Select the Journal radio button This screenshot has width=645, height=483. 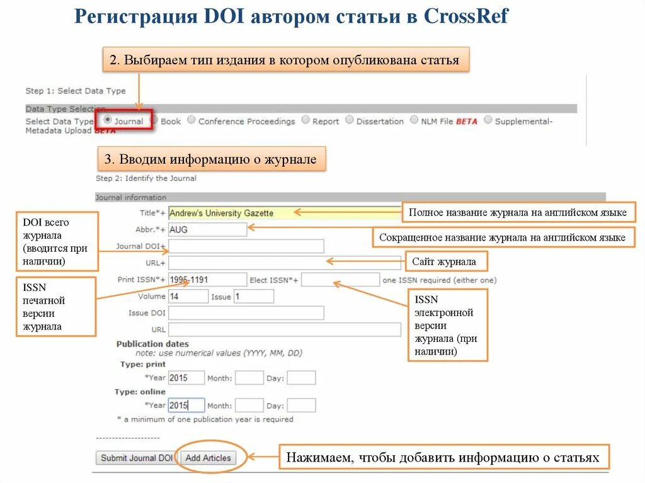(108, 119)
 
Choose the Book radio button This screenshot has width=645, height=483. (155, 120)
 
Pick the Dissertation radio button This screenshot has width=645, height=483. (350, 120)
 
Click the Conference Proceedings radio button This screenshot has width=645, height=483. (191, 120)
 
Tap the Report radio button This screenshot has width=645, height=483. (305, 120)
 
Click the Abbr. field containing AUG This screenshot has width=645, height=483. (207, 230)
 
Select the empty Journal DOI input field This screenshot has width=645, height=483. (246, 246)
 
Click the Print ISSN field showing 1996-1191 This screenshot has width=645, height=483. (207, 280)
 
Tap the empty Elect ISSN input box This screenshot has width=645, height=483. (340, 280)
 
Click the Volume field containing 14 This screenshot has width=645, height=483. (188, 296)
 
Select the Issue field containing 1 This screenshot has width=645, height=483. (253, 296)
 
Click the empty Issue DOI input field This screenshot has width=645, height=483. (246, 313)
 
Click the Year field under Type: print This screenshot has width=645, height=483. (186, 378)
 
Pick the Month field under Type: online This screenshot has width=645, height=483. (249, 406)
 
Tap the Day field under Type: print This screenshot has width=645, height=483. (301, 378)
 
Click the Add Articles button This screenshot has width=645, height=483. (208, 458)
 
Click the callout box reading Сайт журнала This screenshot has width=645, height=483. (443, 261)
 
